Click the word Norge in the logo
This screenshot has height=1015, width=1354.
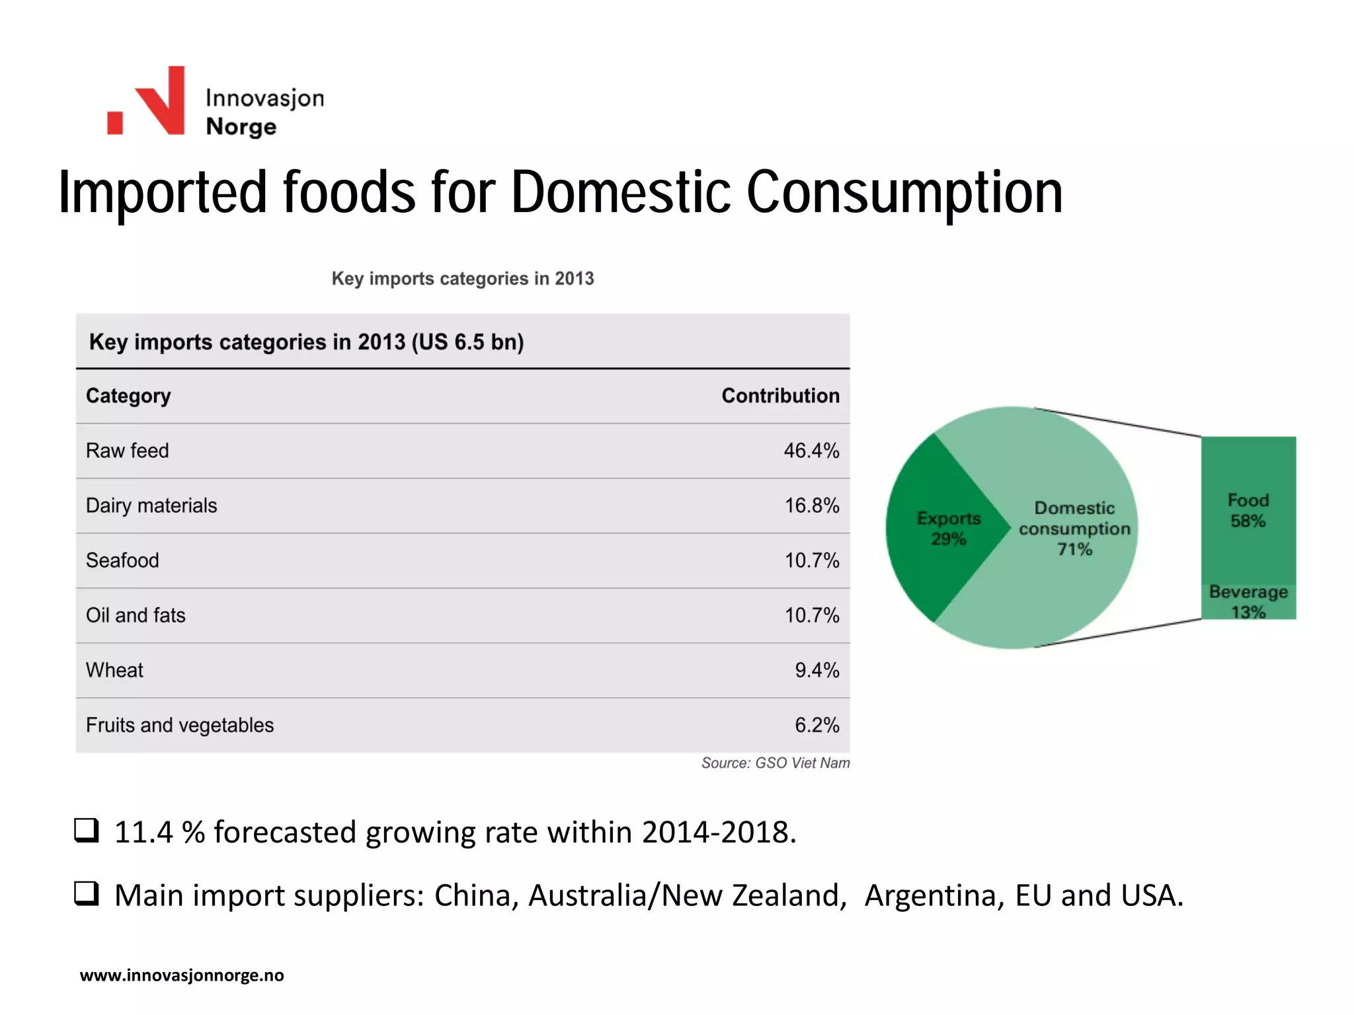241,126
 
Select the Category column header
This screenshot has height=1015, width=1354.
128,396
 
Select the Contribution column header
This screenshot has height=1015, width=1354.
780,396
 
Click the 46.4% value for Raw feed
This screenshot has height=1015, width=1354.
811,451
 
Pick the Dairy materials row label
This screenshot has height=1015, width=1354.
151,506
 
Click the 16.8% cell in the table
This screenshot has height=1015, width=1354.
811,506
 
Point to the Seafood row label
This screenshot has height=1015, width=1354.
122,560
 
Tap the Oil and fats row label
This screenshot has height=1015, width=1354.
136,615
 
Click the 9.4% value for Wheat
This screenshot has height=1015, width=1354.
816,670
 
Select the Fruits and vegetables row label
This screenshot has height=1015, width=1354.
179,725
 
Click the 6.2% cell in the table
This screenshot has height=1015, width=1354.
816,725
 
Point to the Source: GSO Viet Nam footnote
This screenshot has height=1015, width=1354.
775,763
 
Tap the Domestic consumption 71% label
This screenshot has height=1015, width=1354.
1074,528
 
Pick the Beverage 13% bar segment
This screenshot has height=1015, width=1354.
1248,601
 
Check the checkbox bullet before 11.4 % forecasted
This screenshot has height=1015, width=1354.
86,830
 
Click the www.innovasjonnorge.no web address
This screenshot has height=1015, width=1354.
182,975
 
